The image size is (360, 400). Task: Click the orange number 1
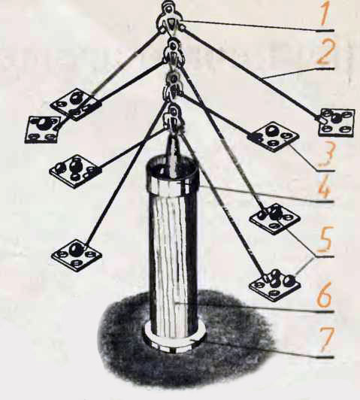324,13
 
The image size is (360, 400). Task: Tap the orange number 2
323,52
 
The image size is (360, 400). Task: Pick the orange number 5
324,240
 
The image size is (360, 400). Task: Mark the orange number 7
325,339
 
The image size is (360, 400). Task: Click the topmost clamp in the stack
171,18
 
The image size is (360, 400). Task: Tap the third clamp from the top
174,85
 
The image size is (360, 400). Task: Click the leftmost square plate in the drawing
43,129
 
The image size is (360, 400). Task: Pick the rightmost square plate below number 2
337,122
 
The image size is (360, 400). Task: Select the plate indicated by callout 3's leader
274,136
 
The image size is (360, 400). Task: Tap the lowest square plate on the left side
76,255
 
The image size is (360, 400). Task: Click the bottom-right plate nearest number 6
274,285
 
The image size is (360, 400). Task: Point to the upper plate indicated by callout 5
275,218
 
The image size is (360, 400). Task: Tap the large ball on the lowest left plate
76,248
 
